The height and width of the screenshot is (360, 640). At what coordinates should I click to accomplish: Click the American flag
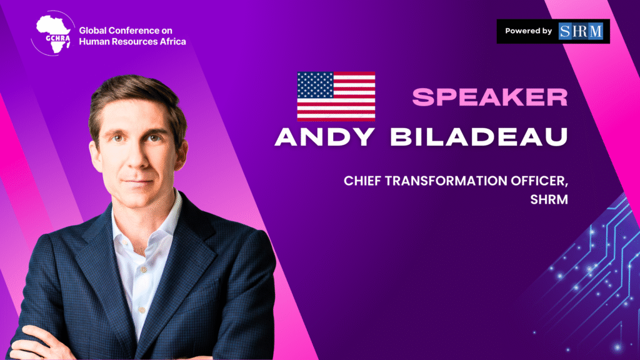coord(336,97)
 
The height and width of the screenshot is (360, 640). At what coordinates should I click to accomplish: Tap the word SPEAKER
coord(490,97)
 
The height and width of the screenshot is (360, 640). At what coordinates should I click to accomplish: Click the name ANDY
coord(325,137)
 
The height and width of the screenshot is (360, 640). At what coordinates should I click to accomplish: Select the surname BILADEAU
coord(479,137)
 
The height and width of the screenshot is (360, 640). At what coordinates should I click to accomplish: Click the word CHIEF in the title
coord(362,181)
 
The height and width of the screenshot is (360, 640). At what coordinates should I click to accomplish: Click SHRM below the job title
coord(549,199)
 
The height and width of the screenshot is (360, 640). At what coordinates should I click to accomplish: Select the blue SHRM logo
coord(581,31)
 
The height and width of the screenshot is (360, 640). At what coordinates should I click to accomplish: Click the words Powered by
coord(528,31)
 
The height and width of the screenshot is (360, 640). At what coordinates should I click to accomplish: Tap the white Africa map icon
coord(53,34)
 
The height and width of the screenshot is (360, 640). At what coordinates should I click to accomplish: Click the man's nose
coord(137,157)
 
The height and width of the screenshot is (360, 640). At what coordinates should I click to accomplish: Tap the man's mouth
coord(137,182)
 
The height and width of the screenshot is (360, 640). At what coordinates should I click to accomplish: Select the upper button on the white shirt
coord(143,270)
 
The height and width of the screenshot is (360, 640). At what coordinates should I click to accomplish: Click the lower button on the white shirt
coord(142,310)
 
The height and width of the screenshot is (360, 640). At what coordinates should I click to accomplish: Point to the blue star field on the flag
coord(315,85)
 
